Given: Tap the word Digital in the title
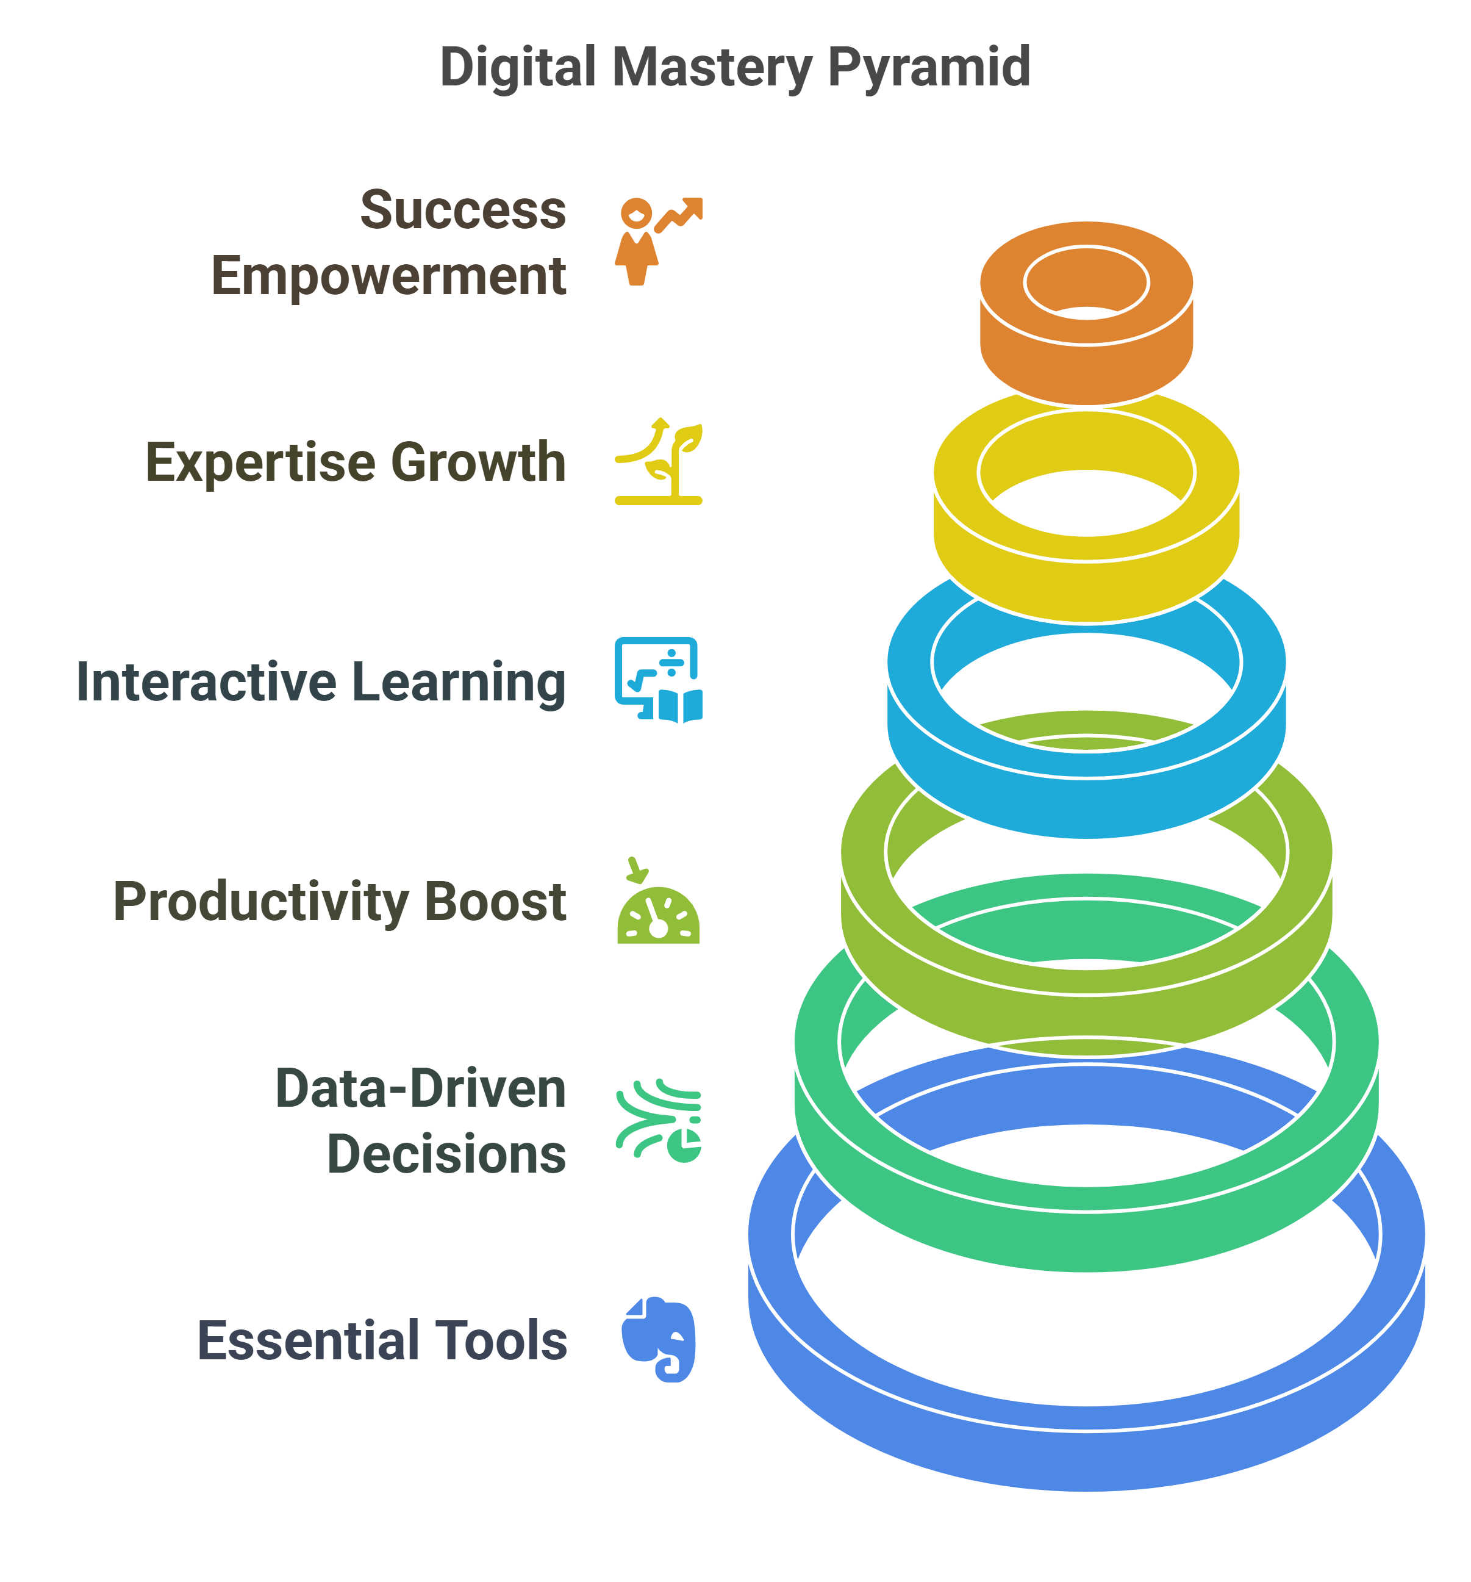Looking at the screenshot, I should [x=517, y=67].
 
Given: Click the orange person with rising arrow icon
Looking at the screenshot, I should [x=658, y=241].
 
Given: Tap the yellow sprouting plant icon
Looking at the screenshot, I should [x=659, y=462].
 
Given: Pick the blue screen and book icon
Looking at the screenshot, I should [x=659, y=680].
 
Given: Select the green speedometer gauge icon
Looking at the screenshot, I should [x=658, y=903].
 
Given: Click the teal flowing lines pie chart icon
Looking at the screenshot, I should [x=659, y=1121].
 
